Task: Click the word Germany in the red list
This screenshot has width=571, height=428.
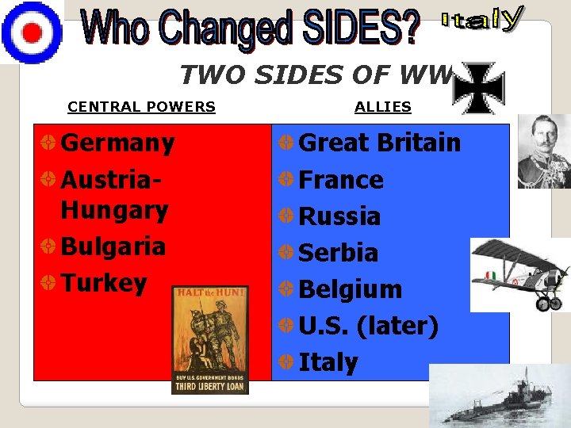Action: pos(117,143)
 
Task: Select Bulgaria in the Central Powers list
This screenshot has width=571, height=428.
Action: pos(113,246)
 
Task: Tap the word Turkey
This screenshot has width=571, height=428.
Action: pos(104,283)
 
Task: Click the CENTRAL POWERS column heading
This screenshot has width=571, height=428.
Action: pos(141,107)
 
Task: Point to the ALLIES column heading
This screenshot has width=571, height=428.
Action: pos(382,107)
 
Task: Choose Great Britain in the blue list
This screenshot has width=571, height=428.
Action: pos(379,143)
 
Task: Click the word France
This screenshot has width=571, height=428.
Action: pos(340,180)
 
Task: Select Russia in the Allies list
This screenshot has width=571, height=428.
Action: pos(339,216)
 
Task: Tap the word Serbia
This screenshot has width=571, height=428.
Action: pos(338,253)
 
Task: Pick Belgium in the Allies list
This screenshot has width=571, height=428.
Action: pos(350,289)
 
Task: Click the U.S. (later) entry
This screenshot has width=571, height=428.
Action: pos(368,326)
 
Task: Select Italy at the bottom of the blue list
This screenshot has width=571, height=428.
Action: pos(328,362)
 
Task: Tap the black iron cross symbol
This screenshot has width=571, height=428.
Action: pos(477,88)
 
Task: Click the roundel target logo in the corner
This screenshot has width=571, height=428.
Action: pos(31,31)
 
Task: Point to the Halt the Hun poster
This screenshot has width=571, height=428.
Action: pos(210,339)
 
